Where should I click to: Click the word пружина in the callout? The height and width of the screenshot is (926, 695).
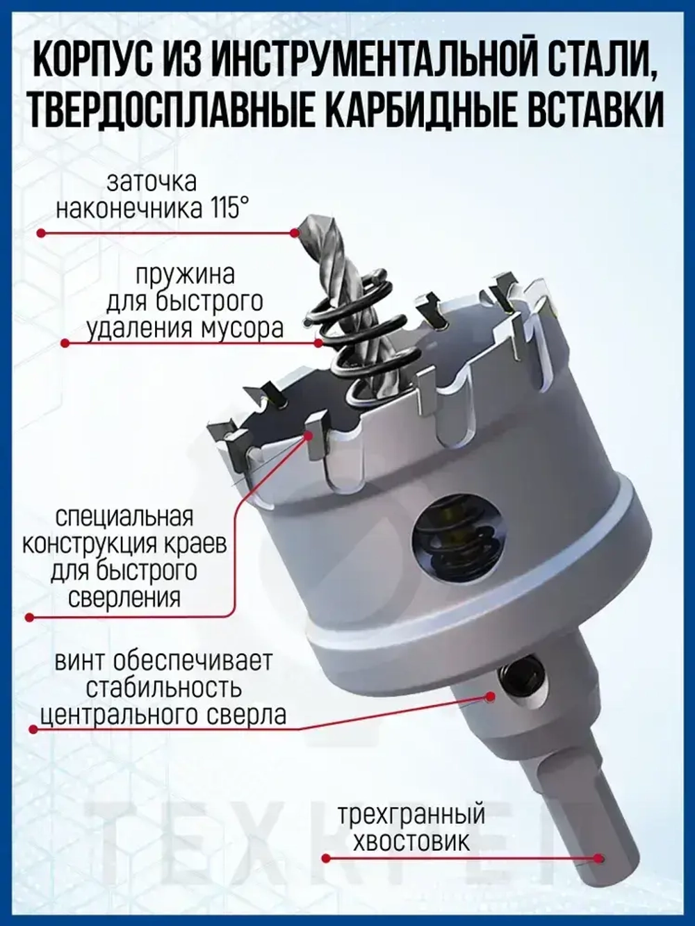[185, 274]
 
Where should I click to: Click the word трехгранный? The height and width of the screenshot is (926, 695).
[411, 814]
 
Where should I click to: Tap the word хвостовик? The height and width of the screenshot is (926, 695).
[411, 842]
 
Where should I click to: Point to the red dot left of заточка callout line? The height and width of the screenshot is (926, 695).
[41, 234]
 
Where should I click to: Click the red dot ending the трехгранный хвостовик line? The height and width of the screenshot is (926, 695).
[325, 859]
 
